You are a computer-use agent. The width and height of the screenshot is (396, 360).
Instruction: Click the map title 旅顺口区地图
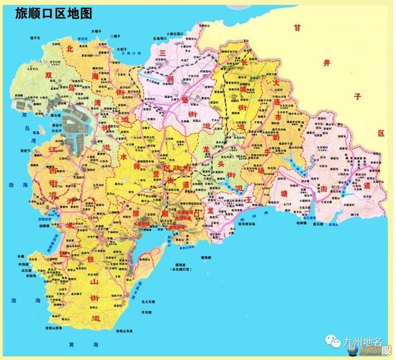tap(53, 12)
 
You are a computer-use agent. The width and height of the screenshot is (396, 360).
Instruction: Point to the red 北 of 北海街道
tap(70, 49)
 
